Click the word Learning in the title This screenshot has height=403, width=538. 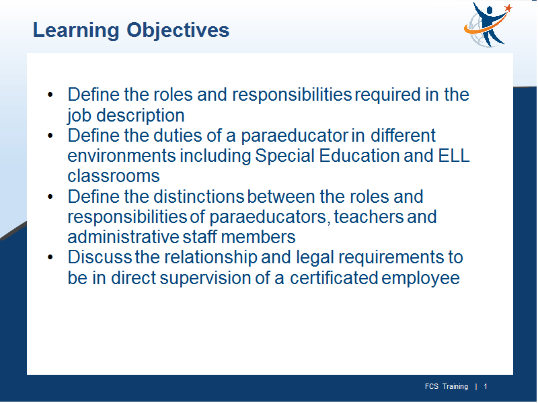point(76,31)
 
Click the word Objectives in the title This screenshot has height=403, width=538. point(178,31)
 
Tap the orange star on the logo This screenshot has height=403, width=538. point(508,7)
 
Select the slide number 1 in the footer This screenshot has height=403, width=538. point(485,387)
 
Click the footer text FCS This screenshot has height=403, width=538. point(432,387)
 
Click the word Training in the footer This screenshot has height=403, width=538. point(455,387)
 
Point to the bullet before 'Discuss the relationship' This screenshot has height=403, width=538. point(50,257)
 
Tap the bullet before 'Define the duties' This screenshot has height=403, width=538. point(50,136)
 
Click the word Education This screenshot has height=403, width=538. point(359,156)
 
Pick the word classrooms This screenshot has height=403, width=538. point(114,176)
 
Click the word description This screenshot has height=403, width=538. point(141,116)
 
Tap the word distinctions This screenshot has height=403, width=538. point(198,196)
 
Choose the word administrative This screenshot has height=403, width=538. point(123,237)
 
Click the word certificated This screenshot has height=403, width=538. point(334,277)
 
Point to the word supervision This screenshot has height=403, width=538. point(205,278)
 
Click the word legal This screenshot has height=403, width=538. point(315,258)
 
